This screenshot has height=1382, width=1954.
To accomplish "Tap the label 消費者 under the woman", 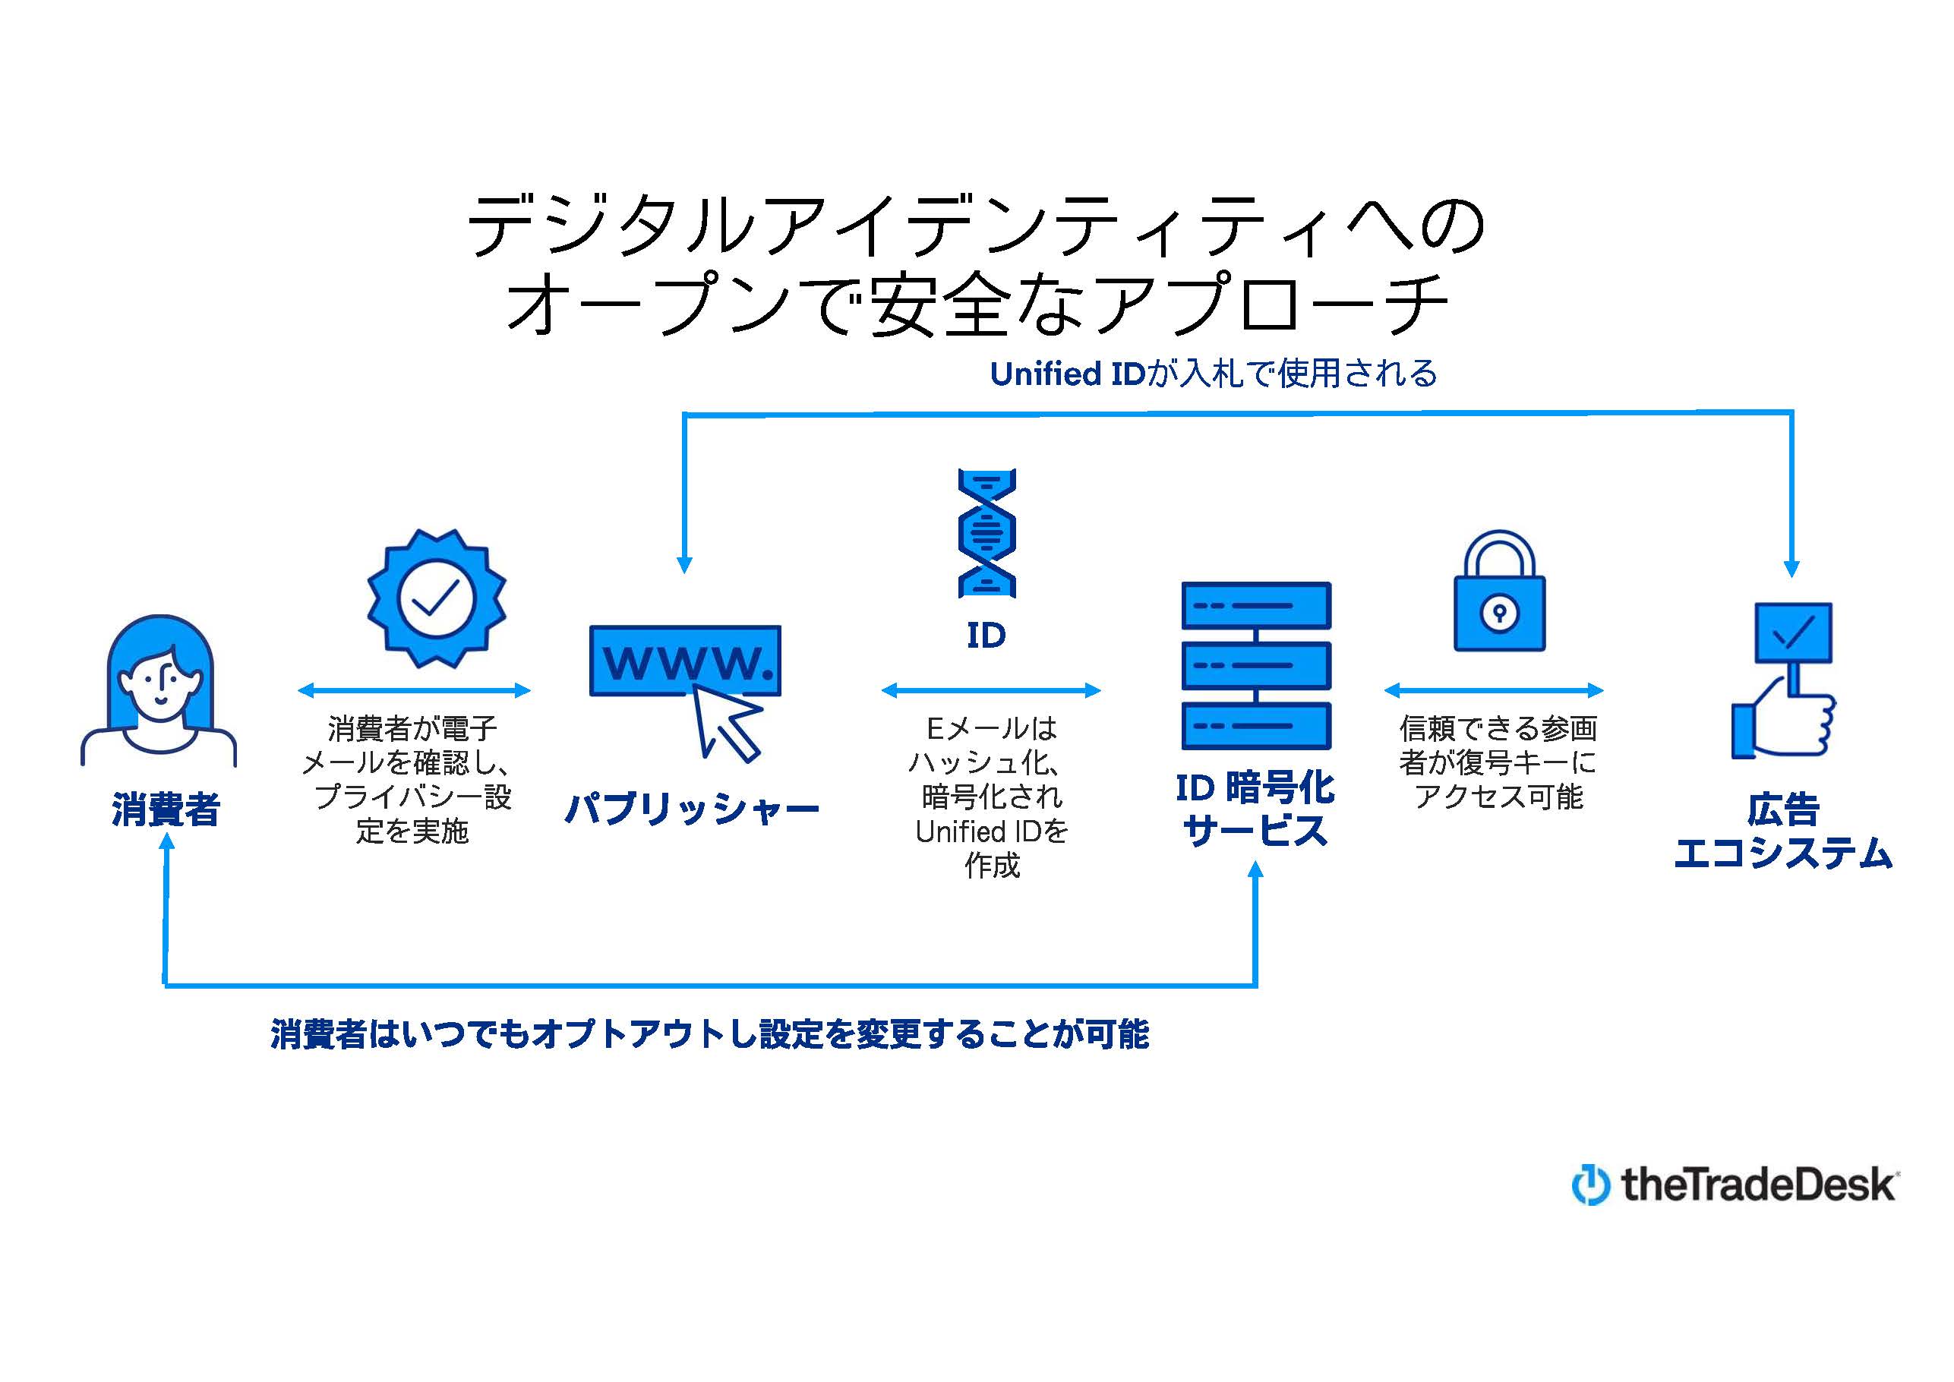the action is coord(166,809).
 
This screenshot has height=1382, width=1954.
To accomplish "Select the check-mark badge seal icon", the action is coord(437,598).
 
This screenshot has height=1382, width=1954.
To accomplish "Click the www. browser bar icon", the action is coord(685,661).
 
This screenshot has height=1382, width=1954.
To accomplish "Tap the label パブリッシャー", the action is coord(692,809).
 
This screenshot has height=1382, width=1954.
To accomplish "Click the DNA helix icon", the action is coord(986,533).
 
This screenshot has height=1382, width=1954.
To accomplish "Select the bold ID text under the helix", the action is coord(986,635).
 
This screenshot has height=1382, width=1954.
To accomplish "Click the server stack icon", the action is coord(1256,665).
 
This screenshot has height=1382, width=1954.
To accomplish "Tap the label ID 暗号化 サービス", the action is coord(1255,809).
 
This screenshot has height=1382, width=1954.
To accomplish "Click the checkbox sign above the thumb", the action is coord(1793,633).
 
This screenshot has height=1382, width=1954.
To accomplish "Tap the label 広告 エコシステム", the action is coord(1783,831).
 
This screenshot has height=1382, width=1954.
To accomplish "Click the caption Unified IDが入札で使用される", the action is coord(1214,374).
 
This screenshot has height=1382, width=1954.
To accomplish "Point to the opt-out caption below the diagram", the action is coord(710,1034).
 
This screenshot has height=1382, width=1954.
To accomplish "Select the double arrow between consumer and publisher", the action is coord(415,690).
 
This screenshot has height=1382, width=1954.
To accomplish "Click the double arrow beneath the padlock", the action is coord(1495,690).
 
